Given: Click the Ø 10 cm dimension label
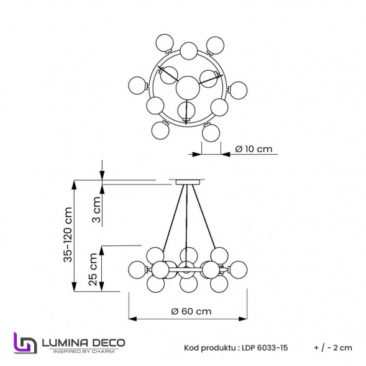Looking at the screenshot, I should click(255, 149).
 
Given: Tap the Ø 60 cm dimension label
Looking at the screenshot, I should click(191, 311).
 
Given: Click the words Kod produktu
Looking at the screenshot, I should click(209, 348).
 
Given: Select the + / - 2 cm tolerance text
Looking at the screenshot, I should click(333, 348).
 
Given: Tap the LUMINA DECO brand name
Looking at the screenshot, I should click(83, 342).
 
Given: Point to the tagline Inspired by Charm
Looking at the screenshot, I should click(83, 352).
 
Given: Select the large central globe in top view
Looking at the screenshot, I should click(187, 87).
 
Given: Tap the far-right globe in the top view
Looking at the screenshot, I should click(238, 90).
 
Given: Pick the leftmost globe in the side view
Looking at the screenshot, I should click(137, 269).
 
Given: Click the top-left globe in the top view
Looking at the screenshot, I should click(164, 42).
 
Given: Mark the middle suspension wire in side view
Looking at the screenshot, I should click(186, 217).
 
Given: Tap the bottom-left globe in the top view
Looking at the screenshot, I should click(160, 130).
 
